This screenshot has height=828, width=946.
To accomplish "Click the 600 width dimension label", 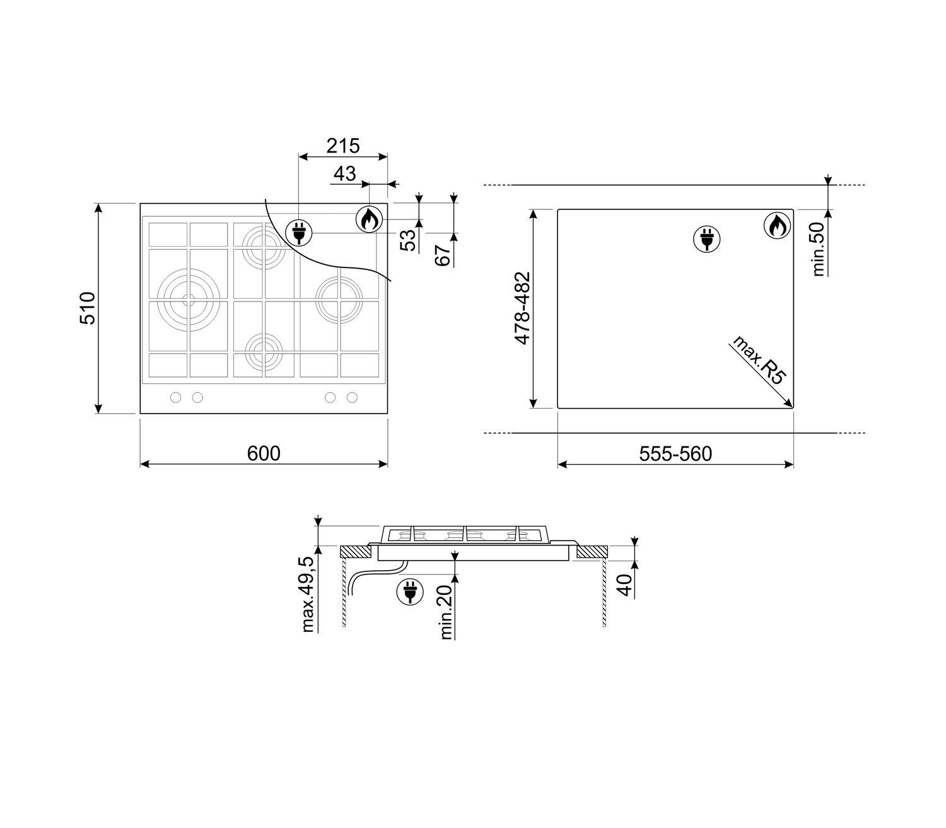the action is (264, 453).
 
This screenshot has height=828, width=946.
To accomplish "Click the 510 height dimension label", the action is (88, 308).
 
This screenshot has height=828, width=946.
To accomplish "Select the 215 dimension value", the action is (343, 146).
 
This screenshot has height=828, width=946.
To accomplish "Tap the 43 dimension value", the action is (345, 174).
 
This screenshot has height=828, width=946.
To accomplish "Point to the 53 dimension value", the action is (408, 240).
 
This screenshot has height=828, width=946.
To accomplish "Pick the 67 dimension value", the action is (443, 255).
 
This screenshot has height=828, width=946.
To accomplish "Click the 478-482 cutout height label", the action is (522, 308).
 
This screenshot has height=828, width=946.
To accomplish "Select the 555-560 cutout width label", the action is (675, 453).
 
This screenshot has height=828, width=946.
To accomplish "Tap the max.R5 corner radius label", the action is (759, 359).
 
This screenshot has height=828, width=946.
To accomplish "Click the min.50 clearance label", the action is (819, 249).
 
